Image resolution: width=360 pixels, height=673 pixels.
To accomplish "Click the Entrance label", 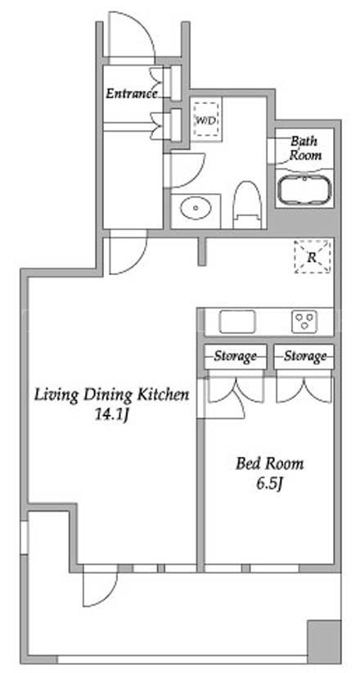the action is tap(132, 93).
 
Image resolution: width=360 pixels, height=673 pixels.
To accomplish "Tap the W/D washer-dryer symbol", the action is tap(206, 120).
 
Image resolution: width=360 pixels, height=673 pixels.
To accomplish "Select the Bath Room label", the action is tap(305, 147).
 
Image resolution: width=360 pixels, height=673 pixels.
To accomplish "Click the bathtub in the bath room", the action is tap(304, 189).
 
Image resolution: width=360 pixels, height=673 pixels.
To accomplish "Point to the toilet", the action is tap(248, 205).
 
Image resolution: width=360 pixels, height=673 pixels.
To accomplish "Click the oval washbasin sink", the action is tap(196, 209).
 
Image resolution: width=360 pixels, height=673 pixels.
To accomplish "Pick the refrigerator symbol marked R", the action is tap(313, 256).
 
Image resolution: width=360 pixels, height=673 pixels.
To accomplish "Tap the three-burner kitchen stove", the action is tap(304, 321).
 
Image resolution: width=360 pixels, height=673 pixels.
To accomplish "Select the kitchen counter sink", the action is tap(237, 322).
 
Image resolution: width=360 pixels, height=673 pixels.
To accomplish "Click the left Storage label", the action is tap(235, 356).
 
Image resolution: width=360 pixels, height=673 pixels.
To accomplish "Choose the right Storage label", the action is tap(305, 356).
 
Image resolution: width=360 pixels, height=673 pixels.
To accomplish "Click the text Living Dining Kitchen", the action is tap(111, 395).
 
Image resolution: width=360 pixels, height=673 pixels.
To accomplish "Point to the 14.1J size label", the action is tap(112, 415).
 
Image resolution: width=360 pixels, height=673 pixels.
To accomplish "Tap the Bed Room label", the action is tap(269, 463).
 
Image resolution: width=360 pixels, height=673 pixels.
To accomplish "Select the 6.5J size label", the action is tap(270, 484).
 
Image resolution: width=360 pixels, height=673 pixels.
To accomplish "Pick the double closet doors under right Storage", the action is tap(304, 389).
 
